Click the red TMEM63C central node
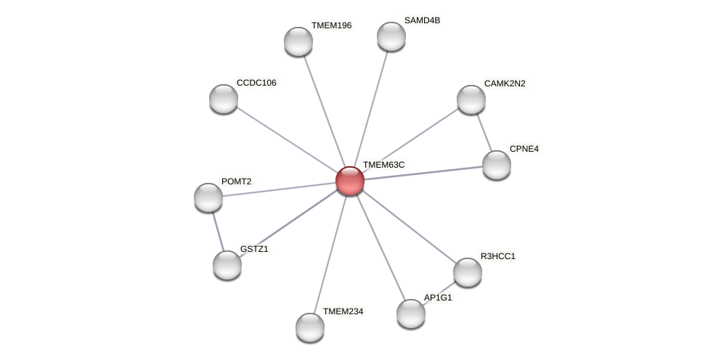(x=349, y=181)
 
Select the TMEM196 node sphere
(x=298, y=41)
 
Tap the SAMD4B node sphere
(x=391, y=36)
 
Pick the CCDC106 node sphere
(x=224, y=99)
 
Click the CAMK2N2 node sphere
(x=471, y=99)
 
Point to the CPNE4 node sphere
(x=497, y=165)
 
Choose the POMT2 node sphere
(x=208, y=197)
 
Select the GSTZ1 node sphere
(x=227, y=265)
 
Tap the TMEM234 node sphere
(x=310, y=327)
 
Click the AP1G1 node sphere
(x=411, y=314)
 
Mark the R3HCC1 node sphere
(x=468, y=272)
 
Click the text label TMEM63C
(x=383, y=165)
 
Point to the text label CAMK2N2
(x=505, y=83)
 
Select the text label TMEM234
(x=343, y=311)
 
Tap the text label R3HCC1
(x=498, y=256)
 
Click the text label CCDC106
(x=256, y=83)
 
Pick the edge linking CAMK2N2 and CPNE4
(x=484, y=132)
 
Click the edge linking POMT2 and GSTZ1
(x=218, y=231)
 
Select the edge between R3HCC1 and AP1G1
(x=440, y=292)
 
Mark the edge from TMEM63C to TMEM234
(x=330, y=251)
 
